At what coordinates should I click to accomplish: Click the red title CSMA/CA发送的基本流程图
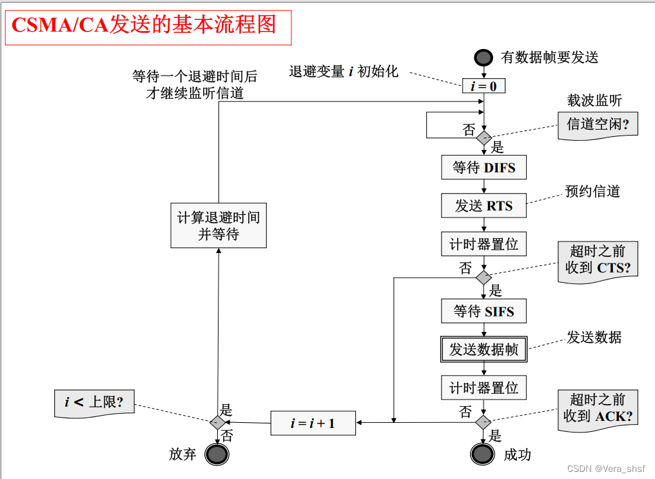pos(144,25)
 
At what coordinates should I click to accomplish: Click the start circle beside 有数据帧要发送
pos(484,57)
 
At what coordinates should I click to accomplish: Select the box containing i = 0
pos(484,85)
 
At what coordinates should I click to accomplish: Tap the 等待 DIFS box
pos(484,167)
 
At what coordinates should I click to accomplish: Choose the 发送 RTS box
pos(484,206)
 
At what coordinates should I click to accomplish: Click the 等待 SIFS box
pos(484,311)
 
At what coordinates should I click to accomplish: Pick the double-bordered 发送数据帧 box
pos(484,349)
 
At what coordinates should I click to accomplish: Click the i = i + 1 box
pos(313,423)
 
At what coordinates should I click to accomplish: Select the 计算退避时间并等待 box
pos(219,225)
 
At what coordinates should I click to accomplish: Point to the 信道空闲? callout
pos(598,123)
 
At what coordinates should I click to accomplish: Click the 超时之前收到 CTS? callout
pos(598,260)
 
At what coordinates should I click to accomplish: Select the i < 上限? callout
pos(94,403)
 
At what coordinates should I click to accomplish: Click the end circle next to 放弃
pos(217,454)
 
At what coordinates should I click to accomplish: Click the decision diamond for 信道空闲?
pos(484,137)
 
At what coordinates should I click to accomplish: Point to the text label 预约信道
pos(592,191)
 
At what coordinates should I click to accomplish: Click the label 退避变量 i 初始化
pos(344,72)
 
